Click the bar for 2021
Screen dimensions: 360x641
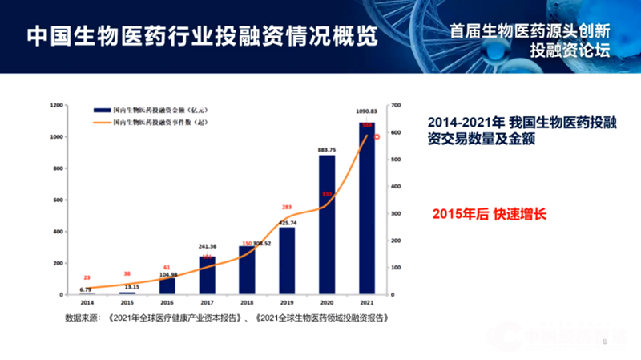coord(367,208)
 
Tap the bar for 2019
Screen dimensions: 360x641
coord(287,261)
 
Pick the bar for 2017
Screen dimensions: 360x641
coord(208,275)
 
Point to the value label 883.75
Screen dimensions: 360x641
coord(327,149)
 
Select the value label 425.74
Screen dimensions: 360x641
coord(286,222)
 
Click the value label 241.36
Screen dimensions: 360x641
coord(208,248)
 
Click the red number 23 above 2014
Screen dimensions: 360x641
coord(87,277)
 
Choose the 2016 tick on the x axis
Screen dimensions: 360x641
coord(167,304)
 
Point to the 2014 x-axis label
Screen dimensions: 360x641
coord(87,304)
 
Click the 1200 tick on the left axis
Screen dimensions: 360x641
coord(55,105)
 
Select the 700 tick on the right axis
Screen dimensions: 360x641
coord(395,105)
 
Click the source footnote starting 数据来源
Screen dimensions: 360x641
coord(228,318)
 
